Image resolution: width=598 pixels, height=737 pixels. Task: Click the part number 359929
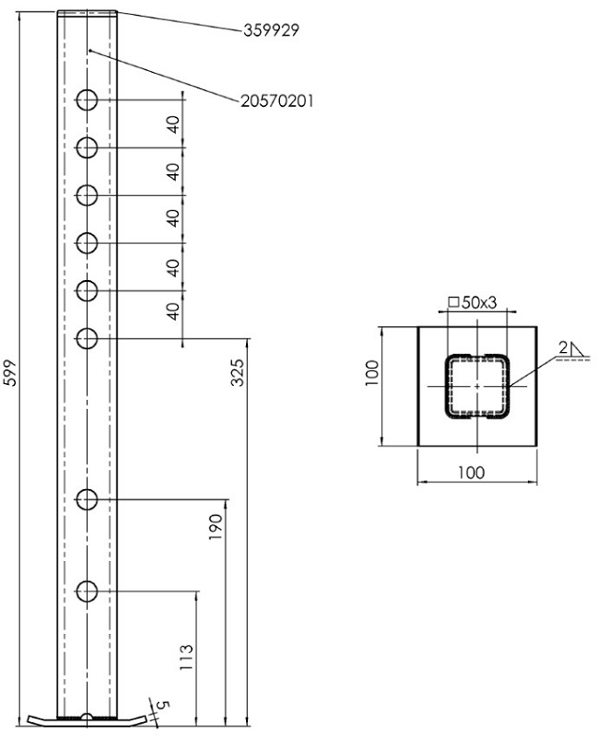click(x=271, y=29)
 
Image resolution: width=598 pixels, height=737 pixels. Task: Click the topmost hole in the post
click(x=88, y=99)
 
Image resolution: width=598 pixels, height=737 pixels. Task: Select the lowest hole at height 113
click(x=88, y=591)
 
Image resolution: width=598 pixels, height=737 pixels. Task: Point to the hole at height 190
click(x=88, y=500)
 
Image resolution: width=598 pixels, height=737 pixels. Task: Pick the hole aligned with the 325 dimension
click(x=88, y=338)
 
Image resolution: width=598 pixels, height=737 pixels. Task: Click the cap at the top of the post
click(x=88, y=14)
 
